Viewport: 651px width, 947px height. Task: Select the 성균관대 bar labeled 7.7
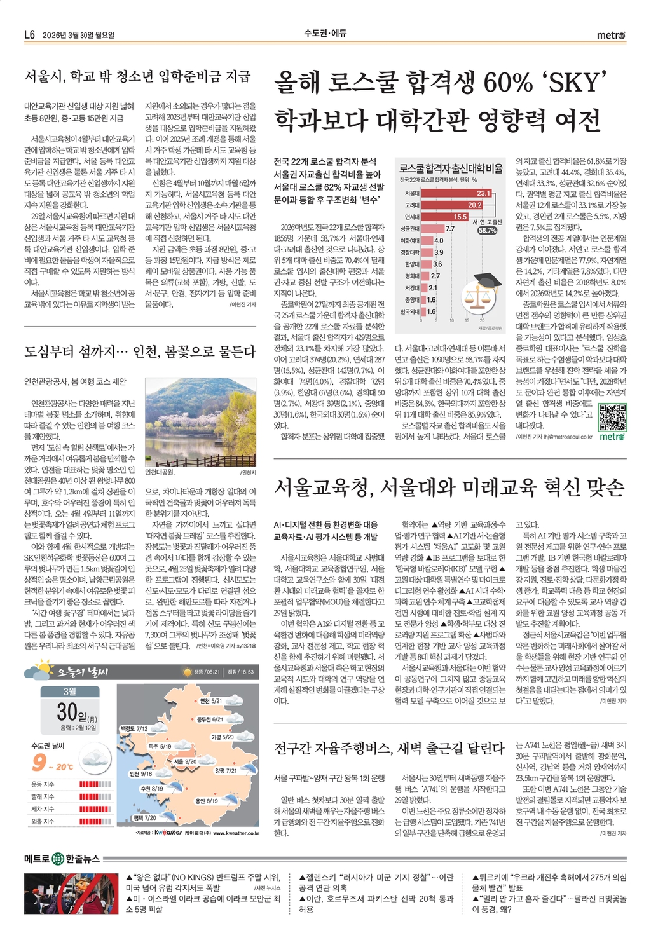(x=432, y=228)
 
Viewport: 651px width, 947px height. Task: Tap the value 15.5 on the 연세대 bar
(x=460, y=217)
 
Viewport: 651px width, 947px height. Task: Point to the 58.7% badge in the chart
(x=487, y=231)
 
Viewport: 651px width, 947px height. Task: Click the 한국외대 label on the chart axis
(x=409, y=312)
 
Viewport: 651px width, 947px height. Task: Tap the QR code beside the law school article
(x=612, y=417)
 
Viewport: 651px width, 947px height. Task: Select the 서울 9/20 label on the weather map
(x=185, y=761)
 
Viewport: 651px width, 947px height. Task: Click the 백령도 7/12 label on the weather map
(x=134, y=728)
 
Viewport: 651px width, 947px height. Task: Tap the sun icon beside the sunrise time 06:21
(x=187, y=672)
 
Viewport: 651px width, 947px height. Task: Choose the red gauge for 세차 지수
(x=95, y=809)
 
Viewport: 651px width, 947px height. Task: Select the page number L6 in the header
(x=29, y=35)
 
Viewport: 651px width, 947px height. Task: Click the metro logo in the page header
(x=610, y=36)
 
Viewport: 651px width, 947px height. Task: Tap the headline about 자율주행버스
(x=388, y=748)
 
